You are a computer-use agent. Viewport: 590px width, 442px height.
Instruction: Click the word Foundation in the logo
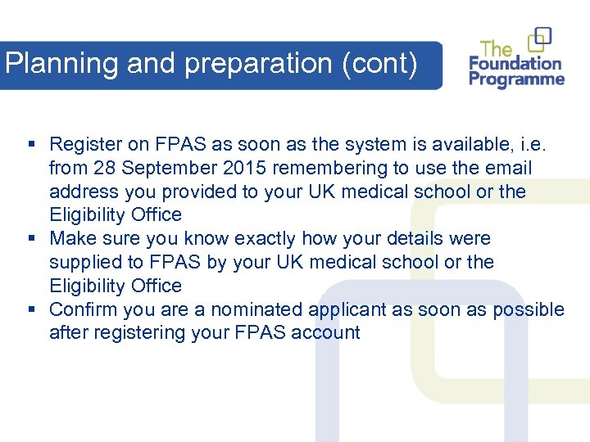click(x=515, y=63)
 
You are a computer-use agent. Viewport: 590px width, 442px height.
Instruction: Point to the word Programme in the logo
click(x=516, y=79)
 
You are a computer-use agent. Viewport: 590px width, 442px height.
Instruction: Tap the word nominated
click(x=256, y=309)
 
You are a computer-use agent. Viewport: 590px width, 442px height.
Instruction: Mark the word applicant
click(x=345, y=309)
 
